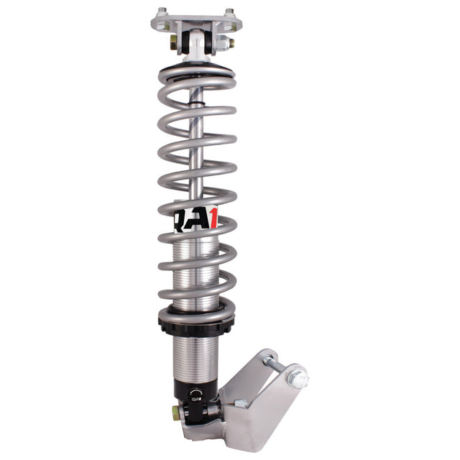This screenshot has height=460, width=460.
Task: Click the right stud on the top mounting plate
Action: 229,12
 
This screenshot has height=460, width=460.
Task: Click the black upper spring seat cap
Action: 197,72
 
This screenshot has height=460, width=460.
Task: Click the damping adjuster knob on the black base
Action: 195,395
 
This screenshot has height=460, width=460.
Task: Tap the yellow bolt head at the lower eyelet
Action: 175,413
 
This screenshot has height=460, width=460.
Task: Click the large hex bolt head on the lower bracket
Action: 297,377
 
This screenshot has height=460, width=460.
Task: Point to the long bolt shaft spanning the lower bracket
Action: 277,366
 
